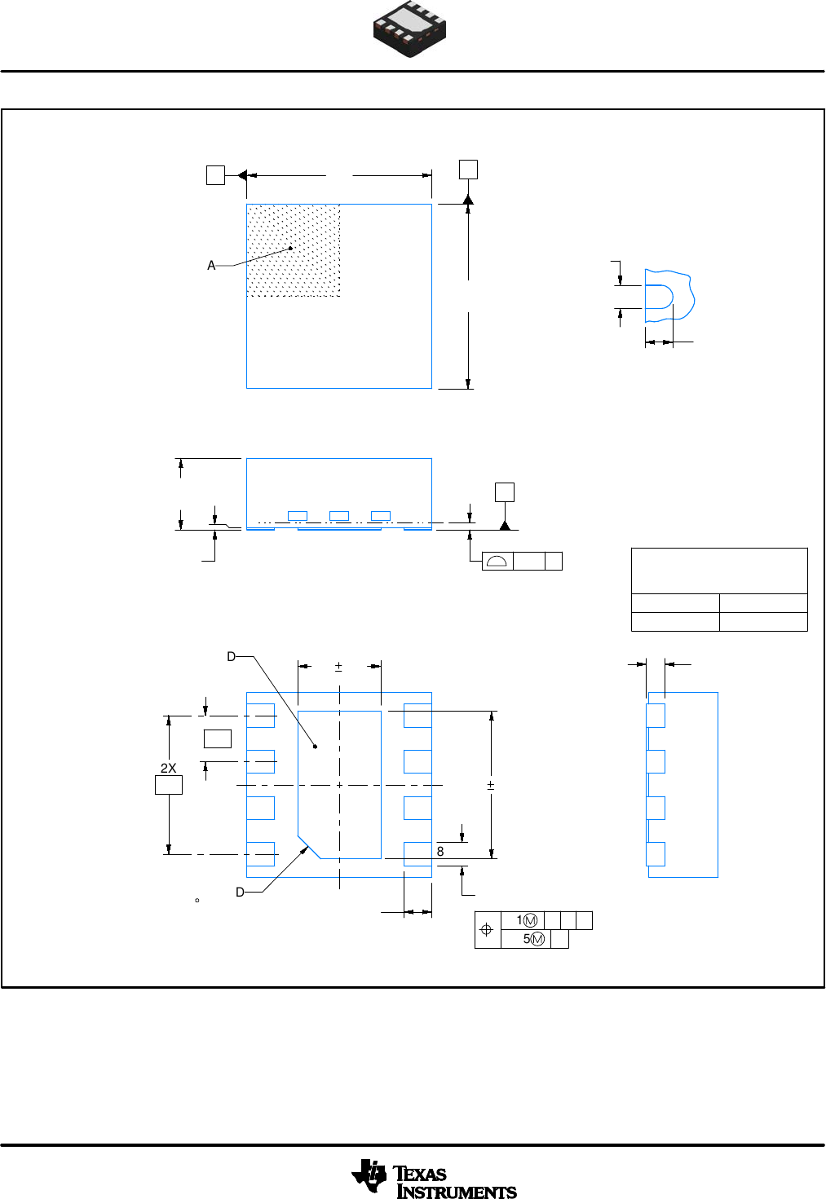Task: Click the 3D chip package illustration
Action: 409,30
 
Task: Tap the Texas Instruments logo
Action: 434,1179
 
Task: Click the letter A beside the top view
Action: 211,266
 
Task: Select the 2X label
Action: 168,768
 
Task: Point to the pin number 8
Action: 440,851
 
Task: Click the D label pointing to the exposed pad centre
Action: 232,657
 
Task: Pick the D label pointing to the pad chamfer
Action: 240,893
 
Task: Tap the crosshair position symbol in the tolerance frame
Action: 487,930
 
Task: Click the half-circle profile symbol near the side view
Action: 497,561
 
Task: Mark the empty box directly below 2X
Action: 169,785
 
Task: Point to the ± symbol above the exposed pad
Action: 339,667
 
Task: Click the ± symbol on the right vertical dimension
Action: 491,785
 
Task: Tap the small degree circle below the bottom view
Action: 197,901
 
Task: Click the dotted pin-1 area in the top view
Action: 294,250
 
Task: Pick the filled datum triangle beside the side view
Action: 505,526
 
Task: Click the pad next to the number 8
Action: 417,853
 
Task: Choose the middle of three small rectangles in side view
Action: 339,516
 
